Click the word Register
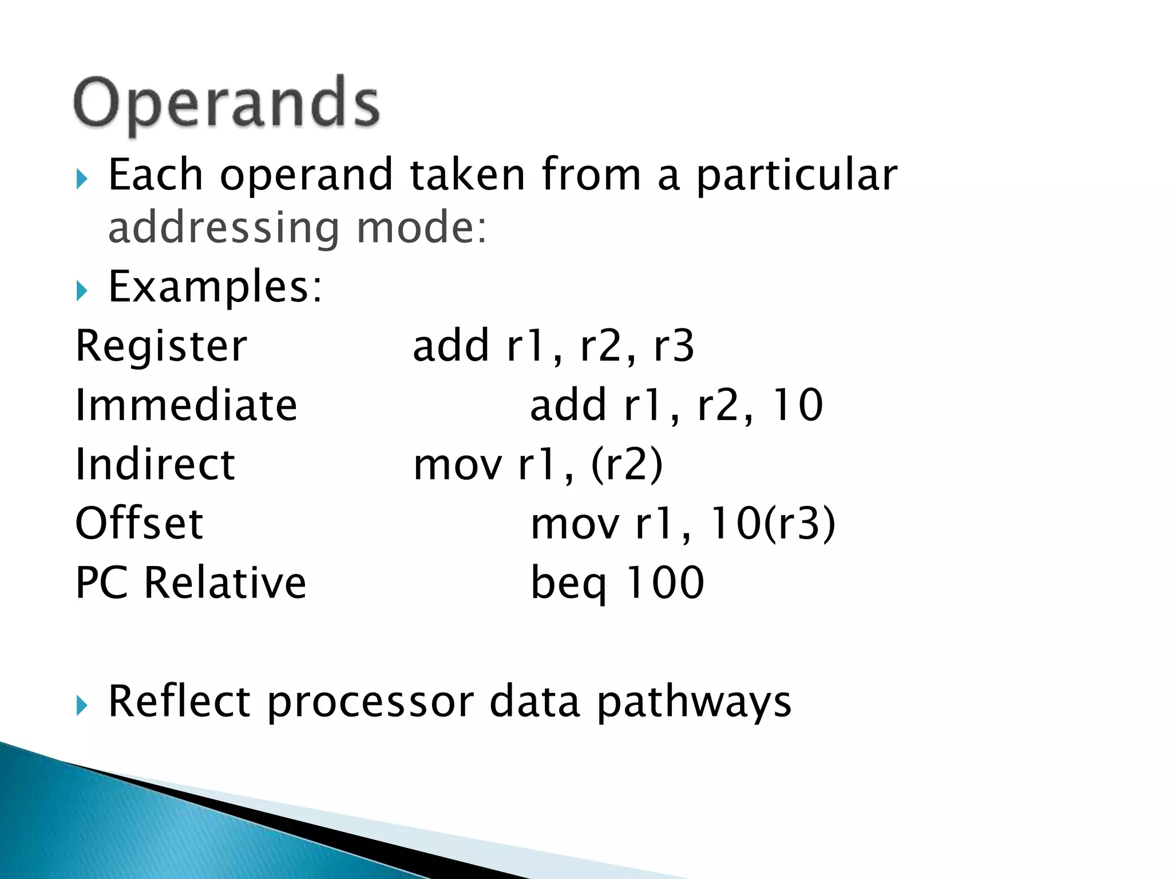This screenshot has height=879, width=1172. (x=161, y=347)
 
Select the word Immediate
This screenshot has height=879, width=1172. (x=187, y=405)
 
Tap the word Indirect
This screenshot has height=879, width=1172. (x=155, y=464)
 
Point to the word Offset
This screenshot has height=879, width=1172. (x=139, y=523)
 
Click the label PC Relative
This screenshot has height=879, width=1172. (x=191, y=583)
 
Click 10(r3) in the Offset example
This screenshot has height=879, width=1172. (x=772, y=523)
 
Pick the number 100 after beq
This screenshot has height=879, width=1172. (x=665, y=583)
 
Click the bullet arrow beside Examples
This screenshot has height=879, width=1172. (x=82, y=291)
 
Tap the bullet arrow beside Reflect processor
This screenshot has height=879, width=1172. (x=82, y=706)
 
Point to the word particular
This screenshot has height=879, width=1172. (x=797, y=175)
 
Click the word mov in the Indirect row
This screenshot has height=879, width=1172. (x=458, y=465)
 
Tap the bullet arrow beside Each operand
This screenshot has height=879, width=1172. (x=82, y=179)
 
